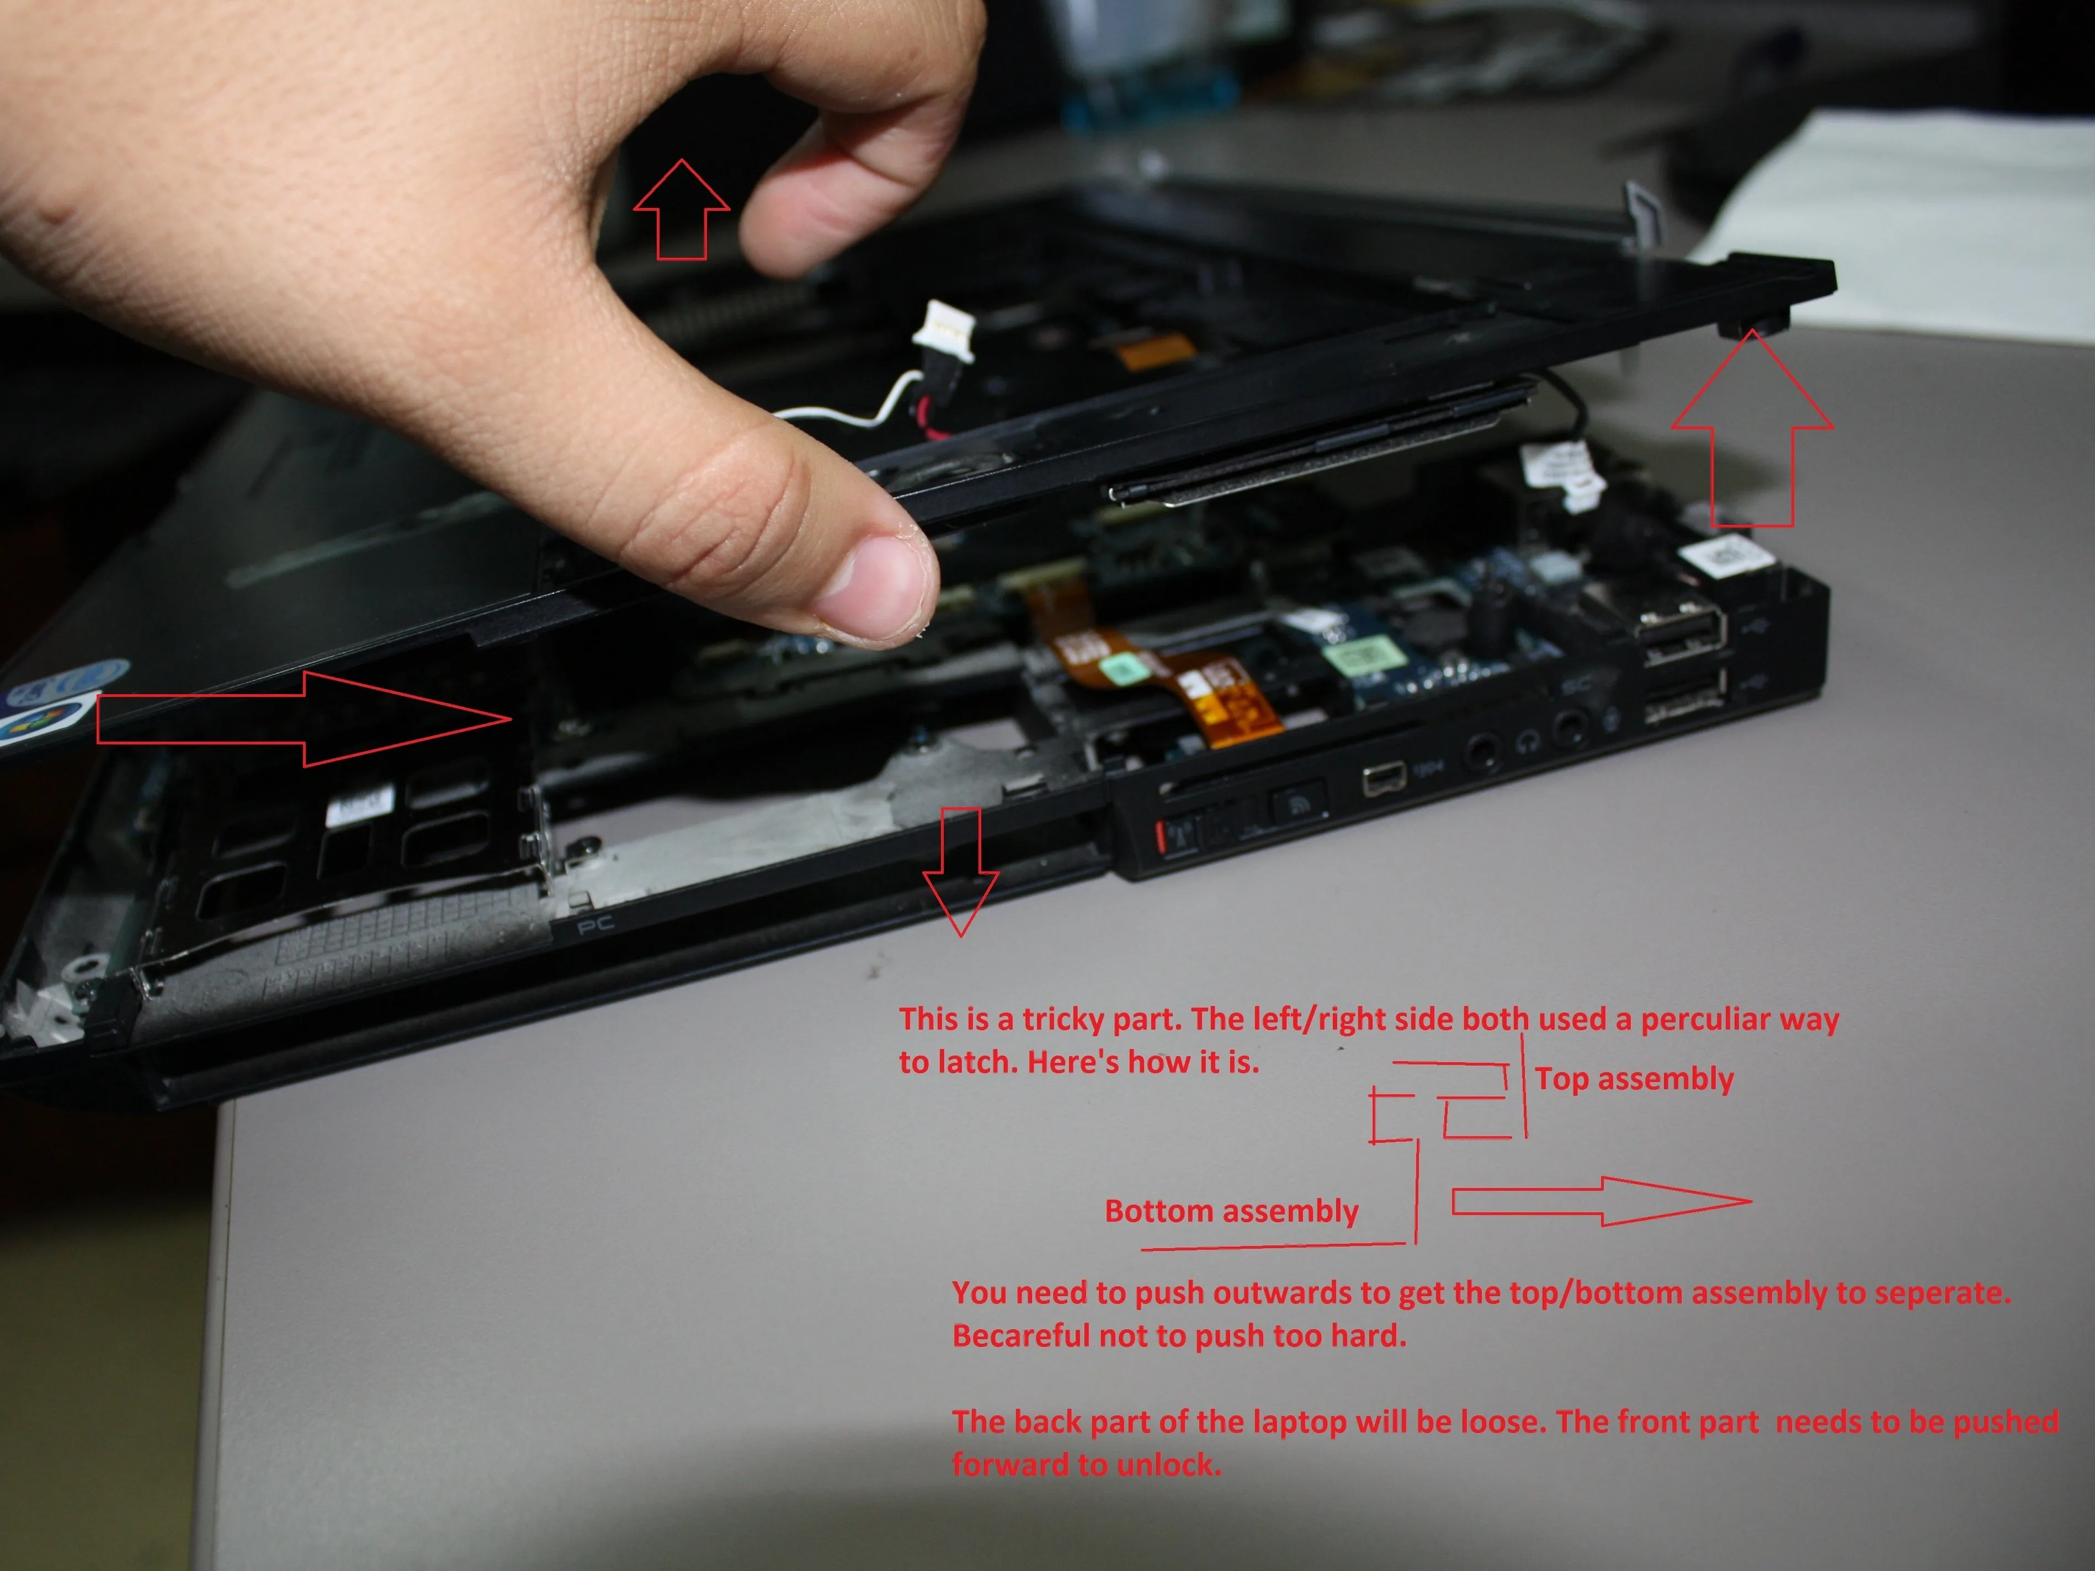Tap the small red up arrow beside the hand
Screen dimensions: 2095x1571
tap(681, 209)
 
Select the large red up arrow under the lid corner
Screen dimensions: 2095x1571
tap(1751, 428)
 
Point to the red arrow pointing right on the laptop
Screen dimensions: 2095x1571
tap(303, 719)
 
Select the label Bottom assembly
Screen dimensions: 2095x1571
tap(1231, 1211)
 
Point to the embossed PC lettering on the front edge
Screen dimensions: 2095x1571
tap(597, 923)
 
